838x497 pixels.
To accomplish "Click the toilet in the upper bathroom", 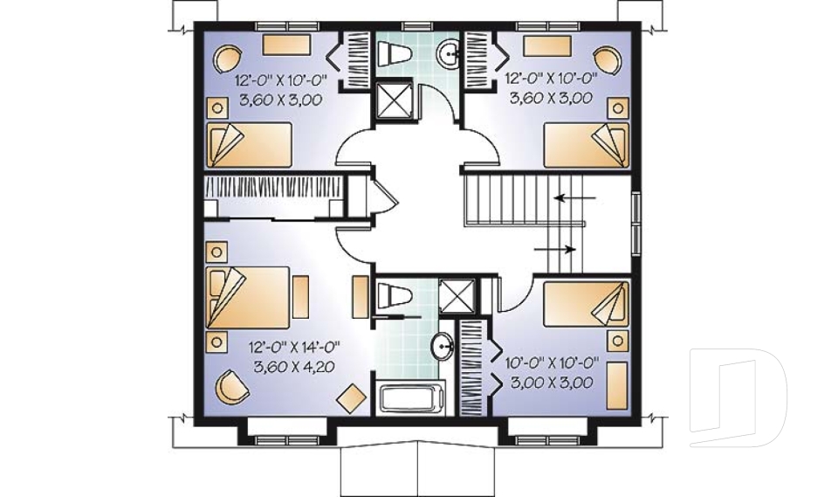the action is [395, 53].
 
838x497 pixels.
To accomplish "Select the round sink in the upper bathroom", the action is [449, 53].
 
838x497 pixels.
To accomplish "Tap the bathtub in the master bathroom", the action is [411, 398].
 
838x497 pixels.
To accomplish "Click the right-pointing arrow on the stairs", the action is [555, 249].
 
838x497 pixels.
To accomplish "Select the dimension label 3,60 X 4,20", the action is [294, 367].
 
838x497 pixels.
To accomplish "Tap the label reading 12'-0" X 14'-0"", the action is [294, 348].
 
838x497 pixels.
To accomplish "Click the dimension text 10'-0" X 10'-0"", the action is [552, 363].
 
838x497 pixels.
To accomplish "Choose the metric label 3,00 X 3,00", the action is [552, 383].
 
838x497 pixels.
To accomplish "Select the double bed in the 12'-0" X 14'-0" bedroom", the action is [247, 297].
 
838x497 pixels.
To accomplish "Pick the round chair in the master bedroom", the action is [231, 386].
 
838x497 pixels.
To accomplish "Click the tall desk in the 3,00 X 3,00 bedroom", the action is [617, 386].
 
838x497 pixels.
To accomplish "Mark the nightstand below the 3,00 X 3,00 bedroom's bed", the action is [618, 341].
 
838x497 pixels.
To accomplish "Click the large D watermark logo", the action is [738, 397].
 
